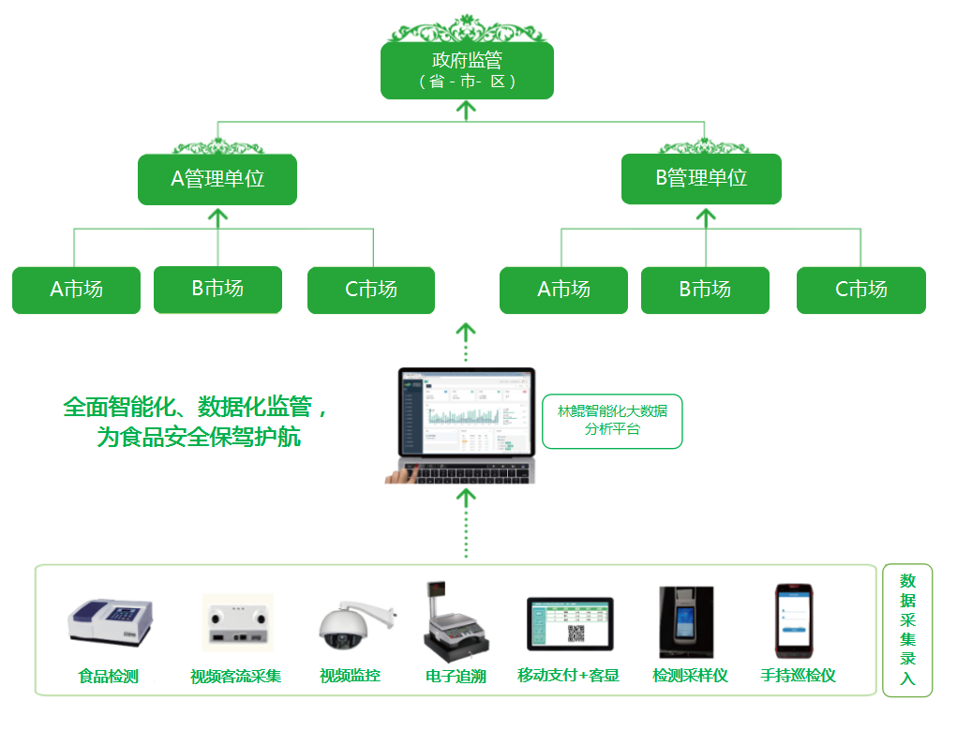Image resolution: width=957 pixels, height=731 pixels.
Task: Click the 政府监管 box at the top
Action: (x=467, y=70)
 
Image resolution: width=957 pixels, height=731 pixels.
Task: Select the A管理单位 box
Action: (x=217, y=179)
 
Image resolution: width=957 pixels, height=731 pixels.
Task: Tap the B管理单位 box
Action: (x=701, y=179)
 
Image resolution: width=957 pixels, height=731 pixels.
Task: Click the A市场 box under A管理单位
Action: (x=76, y=290)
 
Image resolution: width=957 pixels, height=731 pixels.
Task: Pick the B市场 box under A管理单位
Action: (x=217, y=289)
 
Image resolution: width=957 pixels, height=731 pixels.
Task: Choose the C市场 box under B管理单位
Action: (x=860, y=290)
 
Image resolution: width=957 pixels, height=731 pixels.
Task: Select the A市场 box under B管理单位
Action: (x=563, y=290)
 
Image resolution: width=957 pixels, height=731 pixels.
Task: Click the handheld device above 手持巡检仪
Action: (x=793, y=621)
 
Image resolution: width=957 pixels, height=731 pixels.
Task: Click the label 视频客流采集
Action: (x=235, y=676)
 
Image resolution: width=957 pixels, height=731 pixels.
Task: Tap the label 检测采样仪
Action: (x=690, y=675)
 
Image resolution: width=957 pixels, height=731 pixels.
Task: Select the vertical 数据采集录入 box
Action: (x=907, y=630)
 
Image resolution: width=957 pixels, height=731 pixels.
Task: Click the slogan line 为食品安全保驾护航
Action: (x=199, y=437)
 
